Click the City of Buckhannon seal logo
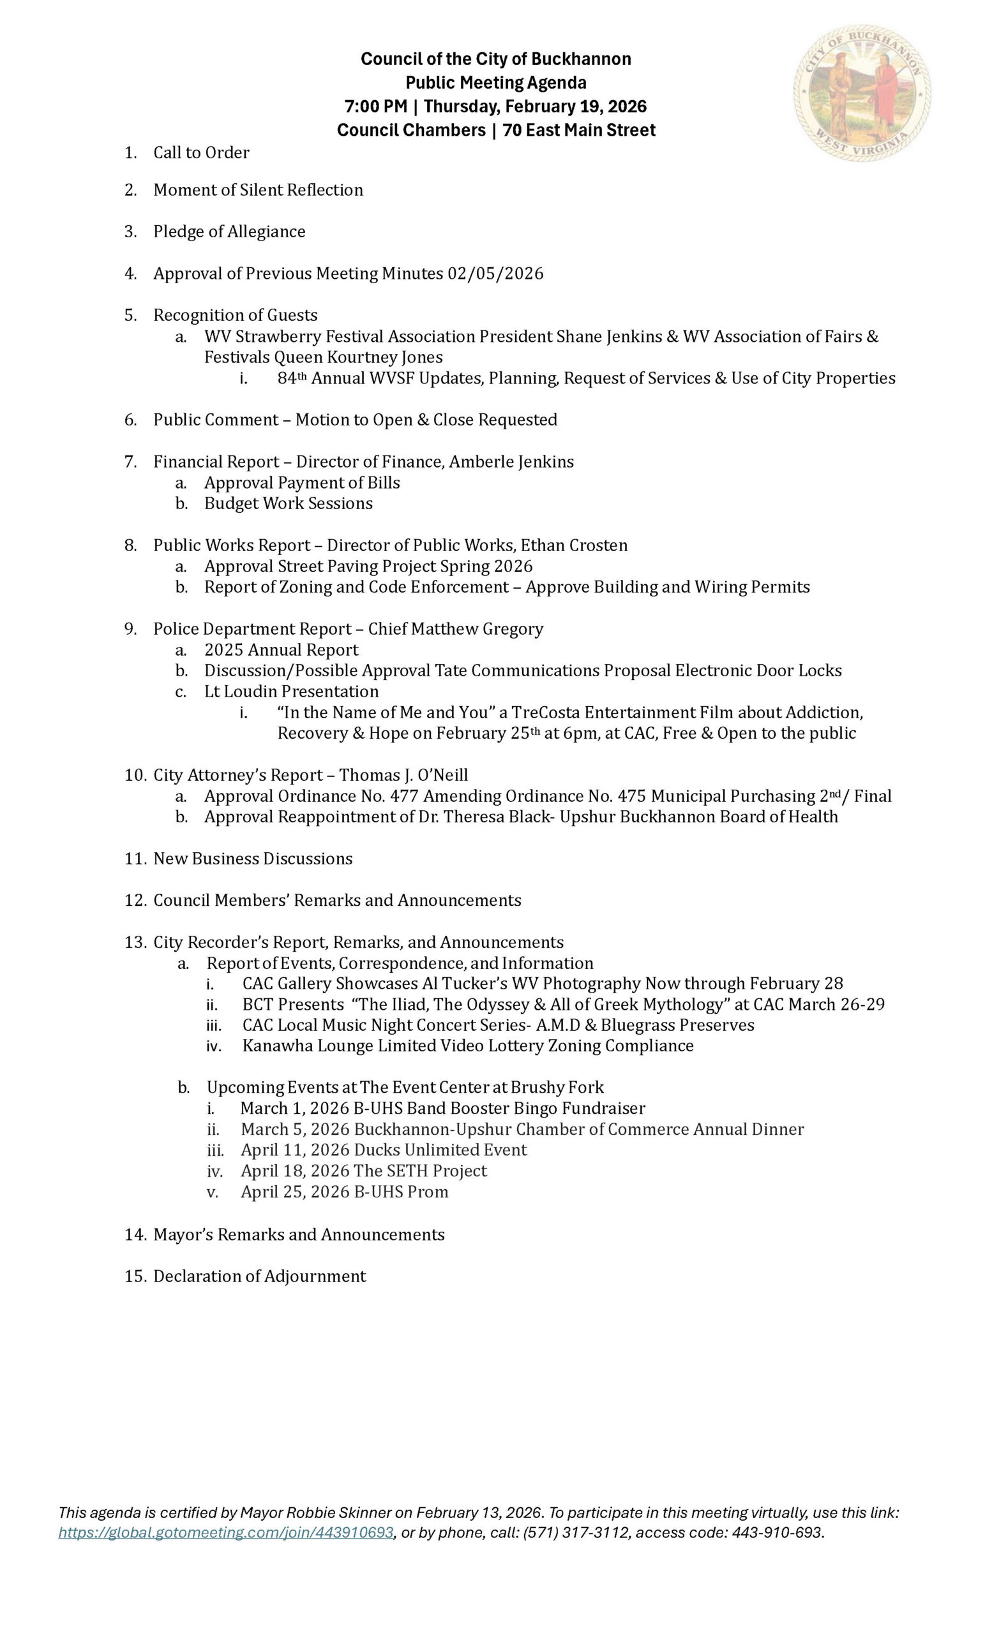pos(861,93)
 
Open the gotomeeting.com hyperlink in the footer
pos(225,1532)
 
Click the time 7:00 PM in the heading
pos(375,107)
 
